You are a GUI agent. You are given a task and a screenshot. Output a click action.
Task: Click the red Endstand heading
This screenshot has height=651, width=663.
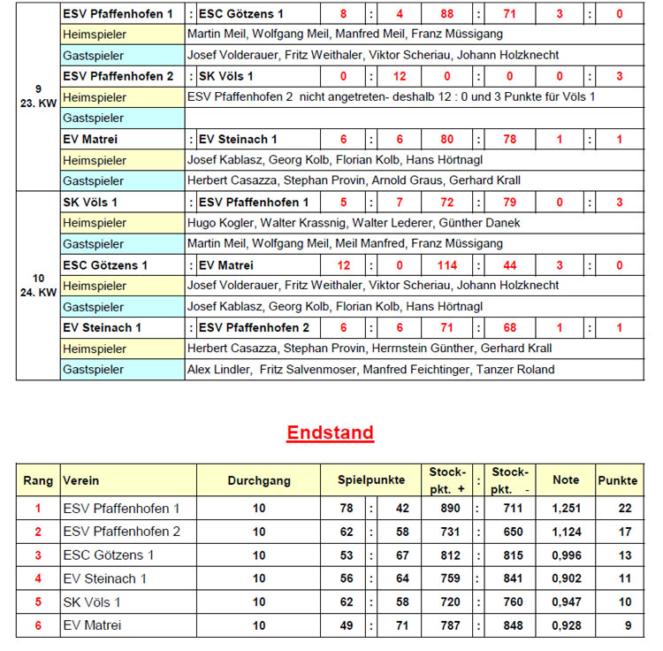330,433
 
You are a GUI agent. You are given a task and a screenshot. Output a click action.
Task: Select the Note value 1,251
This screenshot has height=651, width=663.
566,509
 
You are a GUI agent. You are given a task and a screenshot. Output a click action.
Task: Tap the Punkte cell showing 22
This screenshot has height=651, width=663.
617,509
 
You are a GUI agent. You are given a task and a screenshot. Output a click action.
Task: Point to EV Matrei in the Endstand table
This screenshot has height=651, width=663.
92,625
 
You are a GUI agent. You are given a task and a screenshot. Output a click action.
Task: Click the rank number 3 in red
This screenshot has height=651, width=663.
38,555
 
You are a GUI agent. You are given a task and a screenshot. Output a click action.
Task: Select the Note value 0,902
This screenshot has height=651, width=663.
566,578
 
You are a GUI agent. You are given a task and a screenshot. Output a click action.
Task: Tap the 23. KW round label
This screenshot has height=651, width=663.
38,103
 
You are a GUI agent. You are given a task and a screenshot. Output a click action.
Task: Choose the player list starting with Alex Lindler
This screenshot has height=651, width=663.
371,370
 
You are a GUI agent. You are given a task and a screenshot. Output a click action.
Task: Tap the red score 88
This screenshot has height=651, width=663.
447,14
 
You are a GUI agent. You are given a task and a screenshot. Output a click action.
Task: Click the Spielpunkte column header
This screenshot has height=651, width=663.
371,480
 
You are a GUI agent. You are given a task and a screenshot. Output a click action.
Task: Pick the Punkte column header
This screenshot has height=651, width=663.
617,480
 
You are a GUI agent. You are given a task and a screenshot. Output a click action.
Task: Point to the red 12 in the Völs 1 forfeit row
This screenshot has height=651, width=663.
400,76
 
